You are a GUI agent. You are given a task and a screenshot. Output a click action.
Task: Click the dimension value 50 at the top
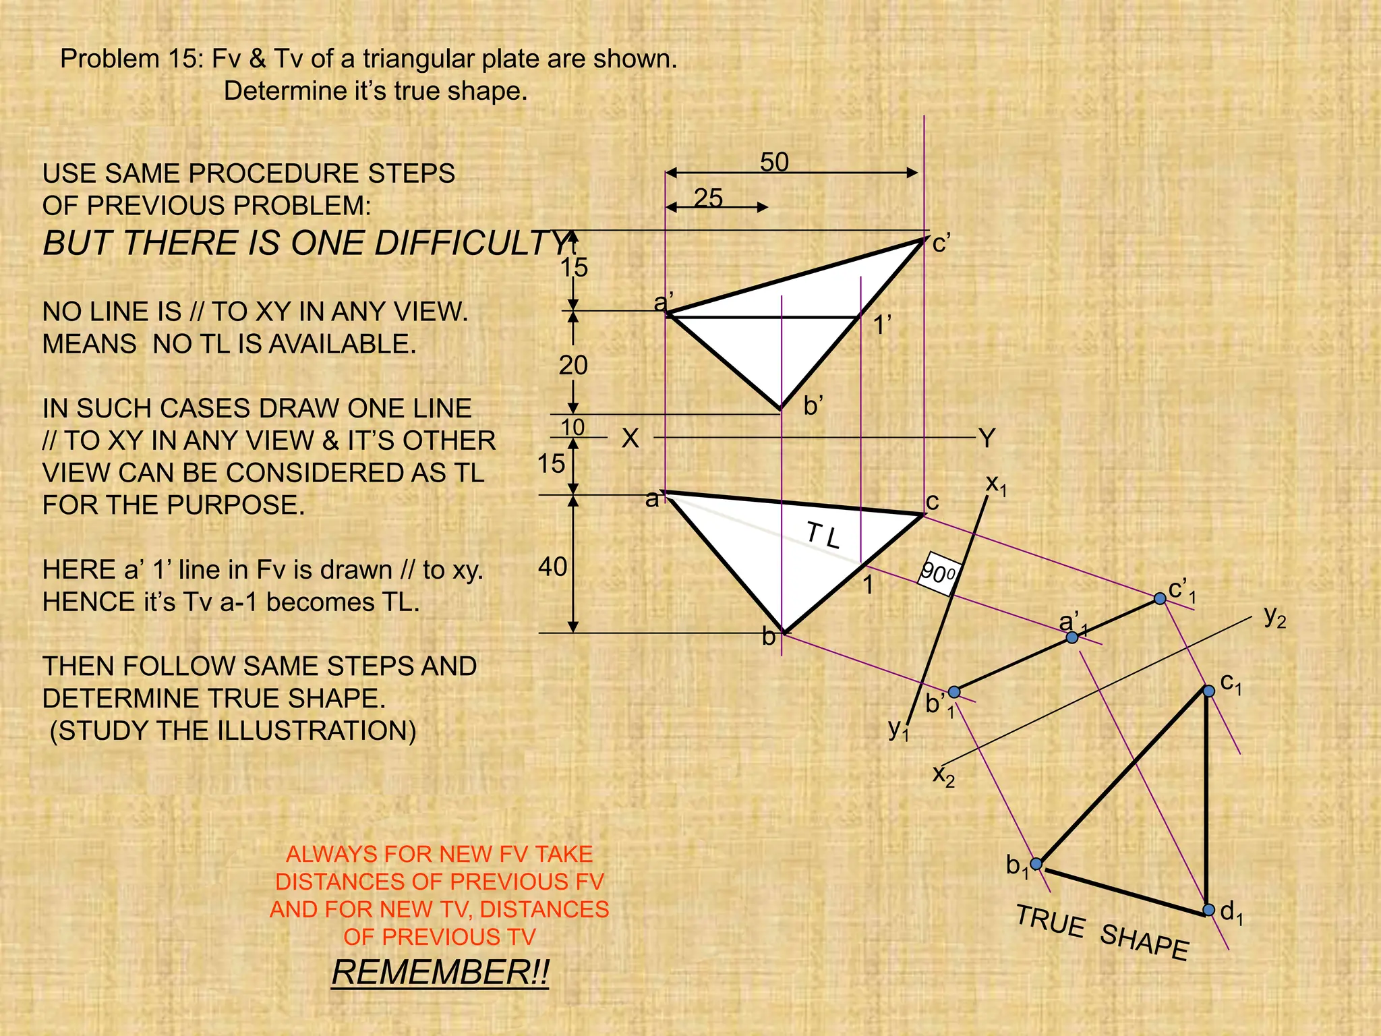coord(774,163)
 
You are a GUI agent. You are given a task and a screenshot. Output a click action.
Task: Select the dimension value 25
coord(708,198)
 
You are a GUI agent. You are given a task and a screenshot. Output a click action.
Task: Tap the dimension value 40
coord(552,567)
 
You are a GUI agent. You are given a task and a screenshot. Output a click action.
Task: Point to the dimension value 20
coord(573,366)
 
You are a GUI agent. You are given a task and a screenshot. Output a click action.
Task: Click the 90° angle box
coord(938,574)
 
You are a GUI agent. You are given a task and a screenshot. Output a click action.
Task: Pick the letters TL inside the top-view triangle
coord(823,536)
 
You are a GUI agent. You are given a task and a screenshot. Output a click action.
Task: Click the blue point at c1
coord(1208,691)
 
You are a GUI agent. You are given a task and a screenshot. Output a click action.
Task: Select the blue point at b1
coord(1036,863)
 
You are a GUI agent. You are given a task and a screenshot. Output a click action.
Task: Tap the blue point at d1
coord(1208,910)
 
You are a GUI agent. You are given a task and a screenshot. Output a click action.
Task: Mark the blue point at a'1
coord(1072,637)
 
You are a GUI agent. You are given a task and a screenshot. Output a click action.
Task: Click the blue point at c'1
coord(1160,598)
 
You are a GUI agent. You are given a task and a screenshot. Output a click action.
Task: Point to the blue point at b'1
coord(954,692)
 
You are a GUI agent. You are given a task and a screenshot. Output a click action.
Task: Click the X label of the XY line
coord(630,439)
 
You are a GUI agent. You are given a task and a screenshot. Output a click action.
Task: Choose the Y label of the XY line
coord(987,439)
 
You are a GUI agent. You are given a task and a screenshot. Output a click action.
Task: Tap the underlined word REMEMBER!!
coord(440,972)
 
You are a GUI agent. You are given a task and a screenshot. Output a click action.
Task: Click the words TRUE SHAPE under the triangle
coord(1102,932)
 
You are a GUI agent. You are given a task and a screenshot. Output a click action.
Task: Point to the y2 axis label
coord(1274,616)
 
